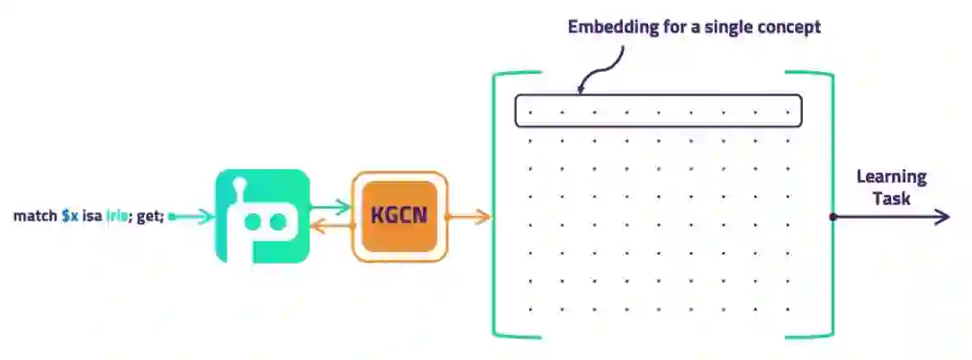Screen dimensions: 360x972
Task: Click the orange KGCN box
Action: [399, 217]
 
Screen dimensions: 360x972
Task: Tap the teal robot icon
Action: [262, 216]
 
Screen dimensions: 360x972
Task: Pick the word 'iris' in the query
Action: [118, 217]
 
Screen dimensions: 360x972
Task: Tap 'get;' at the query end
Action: [150, 217]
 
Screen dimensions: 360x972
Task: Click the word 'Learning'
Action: [891, 177]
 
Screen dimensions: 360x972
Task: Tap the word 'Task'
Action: [892, 198]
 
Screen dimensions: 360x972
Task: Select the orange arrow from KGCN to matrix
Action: [469, 217]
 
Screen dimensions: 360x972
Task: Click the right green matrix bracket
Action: [828, 205]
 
